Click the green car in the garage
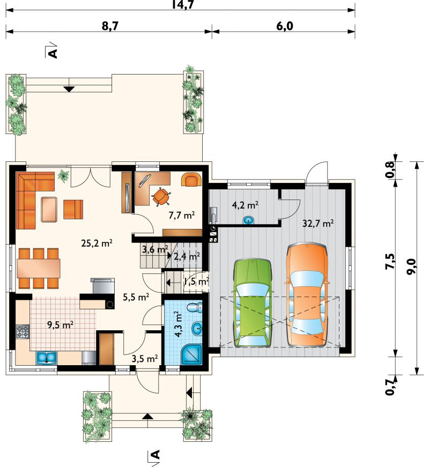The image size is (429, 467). click(x=253, y=303)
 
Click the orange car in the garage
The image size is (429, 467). click(x=307, y=294)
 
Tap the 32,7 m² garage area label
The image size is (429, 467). click(x=318, y=223)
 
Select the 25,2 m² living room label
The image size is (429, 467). click(x=97, y=243)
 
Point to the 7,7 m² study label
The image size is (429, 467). click(x=182, y=215)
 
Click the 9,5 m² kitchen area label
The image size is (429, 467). click(x=61, y=324)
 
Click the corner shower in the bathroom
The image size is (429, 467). click(x=192, y=354)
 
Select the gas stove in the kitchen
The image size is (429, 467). click(x=23, y=331)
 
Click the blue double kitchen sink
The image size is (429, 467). click(x=47, y=358)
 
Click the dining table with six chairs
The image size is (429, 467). click(x=39, y=268)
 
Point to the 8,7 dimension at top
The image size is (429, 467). click(x=110, y=26)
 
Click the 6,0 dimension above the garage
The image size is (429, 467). click(x=285, y=26)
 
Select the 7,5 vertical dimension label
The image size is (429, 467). click(x=390, y=262)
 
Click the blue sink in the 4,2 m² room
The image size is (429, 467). click(x=248, y=220)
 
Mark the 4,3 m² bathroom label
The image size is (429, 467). click(x=179, y=324)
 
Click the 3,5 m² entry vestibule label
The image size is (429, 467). click(x=144, y=359)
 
